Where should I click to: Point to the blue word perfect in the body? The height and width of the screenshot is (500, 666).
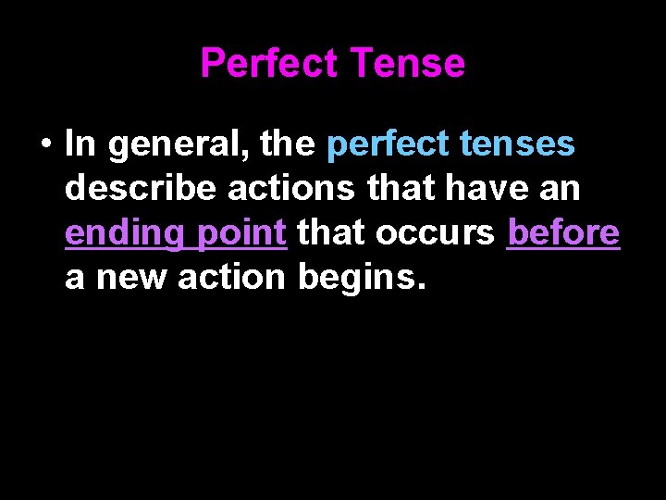click(x=379, y=145)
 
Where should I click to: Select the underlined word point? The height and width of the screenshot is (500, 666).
click(x=241, y=233)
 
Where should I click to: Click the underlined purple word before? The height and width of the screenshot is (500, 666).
click(x=563, y=233)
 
